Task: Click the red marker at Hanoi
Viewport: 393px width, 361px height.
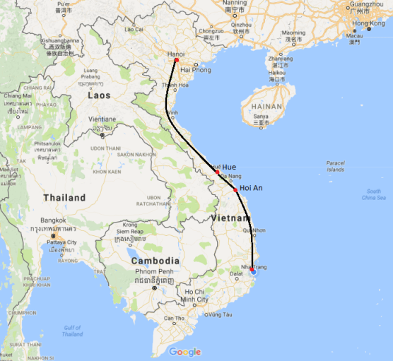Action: click(176, 61)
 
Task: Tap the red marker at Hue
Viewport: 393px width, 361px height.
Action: click(217, 172)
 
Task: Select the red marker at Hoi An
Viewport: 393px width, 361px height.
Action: click(235, 189)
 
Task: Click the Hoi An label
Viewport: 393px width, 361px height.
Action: click(252, 188)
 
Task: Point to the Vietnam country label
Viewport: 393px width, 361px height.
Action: click(230, 220)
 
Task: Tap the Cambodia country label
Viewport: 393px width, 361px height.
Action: click(155, 261)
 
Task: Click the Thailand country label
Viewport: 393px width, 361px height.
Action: click(64, 198)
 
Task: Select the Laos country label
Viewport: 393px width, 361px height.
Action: click(100, 95)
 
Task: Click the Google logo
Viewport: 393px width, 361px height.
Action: click(185, 352)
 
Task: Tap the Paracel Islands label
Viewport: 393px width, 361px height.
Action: click(335, 166)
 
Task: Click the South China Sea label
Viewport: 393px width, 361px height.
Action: click(373, 194)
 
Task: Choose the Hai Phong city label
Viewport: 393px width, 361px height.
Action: click(196, 70)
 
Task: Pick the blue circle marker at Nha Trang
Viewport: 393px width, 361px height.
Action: click(254, 272)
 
